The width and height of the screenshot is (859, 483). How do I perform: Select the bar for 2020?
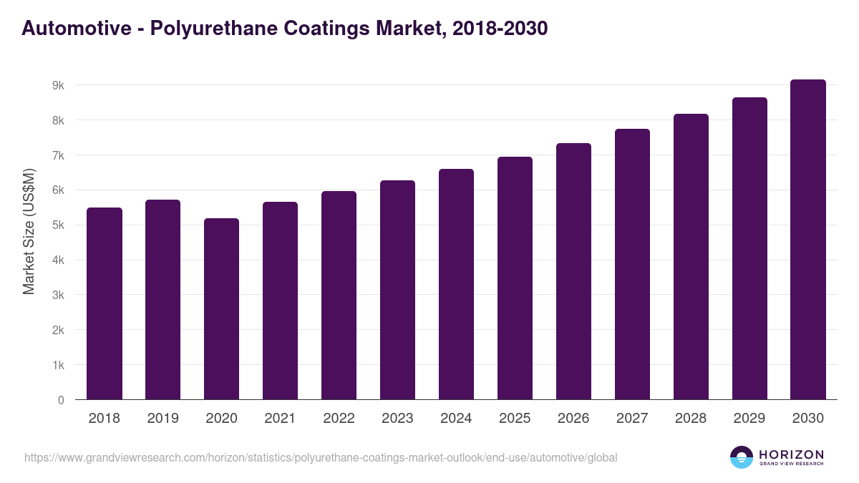coord(221,309)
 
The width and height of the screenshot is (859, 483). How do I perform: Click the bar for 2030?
coord(808,240)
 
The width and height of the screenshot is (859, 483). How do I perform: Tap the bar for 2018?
coord(105,303)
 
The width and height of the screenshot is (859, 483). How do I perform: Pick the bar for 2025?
coord(515,278)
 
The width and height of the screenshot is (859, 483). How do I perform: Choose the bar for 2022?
coord(339,296)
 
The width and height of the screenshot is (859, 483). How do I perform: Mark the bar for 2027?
coord(632,264)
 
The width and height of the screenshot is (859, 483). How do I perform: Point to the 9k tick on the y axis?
coord(58,85)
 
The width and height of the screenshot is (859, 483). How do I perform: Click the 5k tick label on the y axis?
coord(58,225)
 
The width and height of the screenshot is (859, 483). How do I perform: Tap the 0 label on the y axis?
coord(61,401)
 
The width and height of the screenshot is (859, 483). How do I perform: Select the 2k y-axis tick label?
coord(58,331)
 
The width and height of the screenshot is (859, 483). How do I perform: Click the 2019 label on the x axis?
coord(162,419)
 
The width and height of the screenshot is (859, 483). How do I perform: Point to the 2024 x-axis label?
coord(456,419)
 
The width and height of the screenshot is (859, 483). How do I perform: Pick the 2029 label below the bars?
coord(749,419)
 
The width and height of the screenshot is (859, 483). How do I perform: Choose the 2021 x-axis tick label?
coord(280,419)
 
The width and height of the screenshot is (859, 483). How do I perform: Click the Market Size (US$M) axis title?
coord(29,230)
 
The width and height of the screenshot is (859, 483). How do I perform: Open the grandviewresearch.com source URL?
coord(320,457)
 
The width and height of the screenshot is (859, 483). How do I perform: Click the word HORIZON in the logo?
coord(791,454)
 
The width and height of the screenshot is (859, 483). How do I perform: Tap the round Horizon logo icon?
coord(742,457)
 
